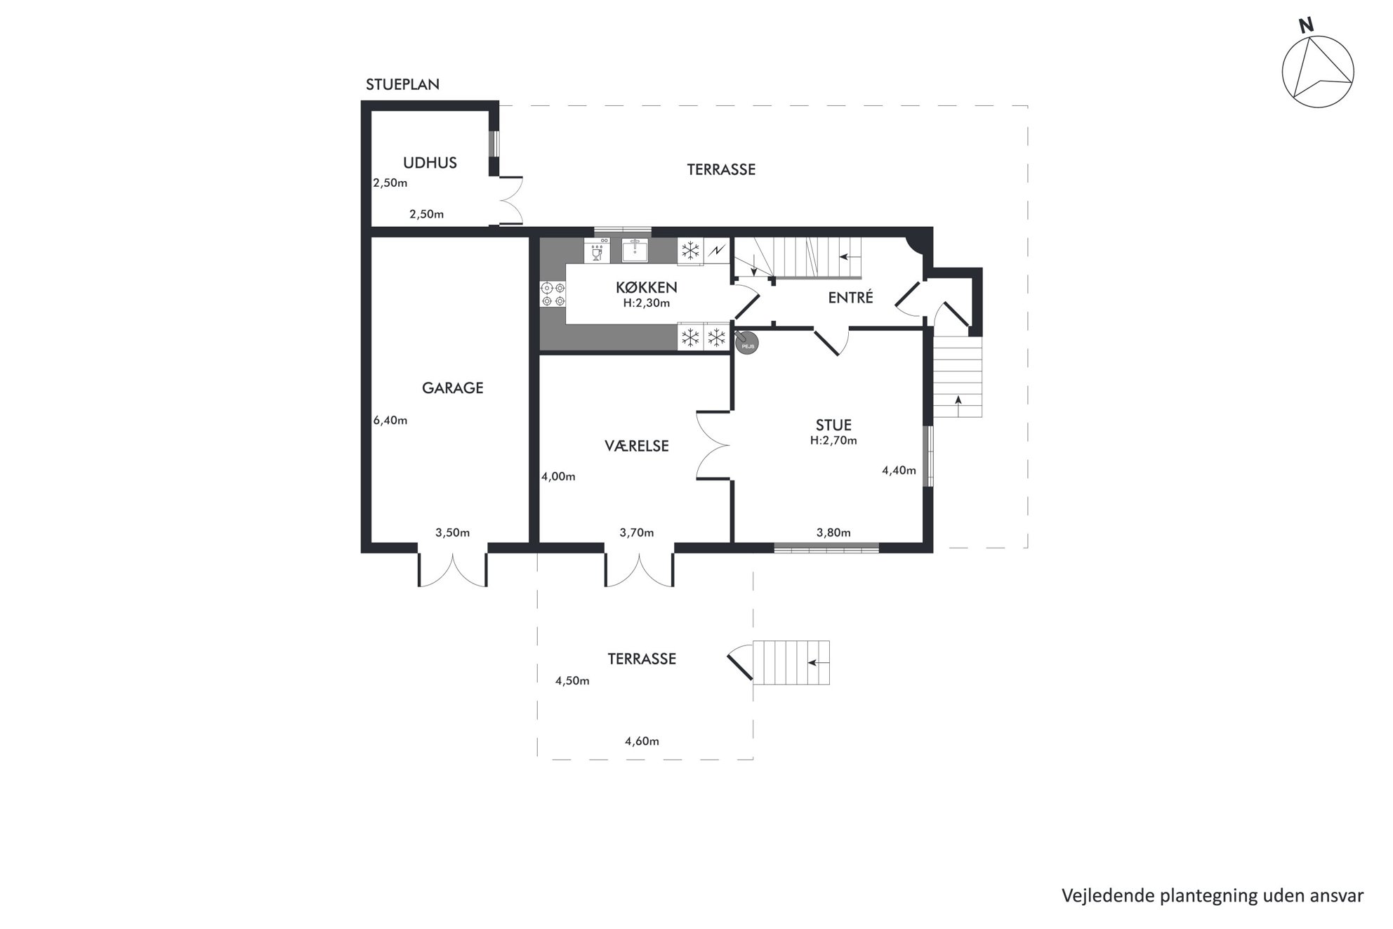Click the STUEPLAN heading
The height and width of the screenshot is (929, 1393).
point(402,84)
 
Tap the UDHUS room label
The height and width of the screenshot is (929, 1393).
point(430,163)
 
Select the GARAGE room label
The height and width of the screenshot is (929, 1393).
point(452,388)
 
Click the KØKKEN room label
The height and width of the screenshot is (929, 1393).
point(646,287)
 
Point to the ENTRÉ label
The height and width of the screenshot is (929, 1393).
point(850,297)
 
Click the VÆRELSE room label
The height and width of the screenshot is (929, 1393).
point(636,446)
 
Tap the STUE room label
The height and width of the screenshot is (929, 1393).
point(833,425)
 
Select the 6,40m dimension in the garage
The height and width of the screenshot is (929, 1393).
point(390,421)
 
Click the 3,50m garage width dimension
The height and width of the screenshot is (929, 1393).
point(452,532)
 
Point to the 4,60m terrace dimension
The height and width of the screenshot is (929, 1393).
point(642,741)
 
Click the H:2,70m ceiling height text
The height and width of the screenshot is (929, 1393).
point(833,441)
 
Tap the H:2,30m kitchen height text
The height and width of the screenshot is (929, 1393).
point(646,303)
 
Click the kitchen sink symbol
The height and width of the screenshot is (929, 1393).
point(635,250)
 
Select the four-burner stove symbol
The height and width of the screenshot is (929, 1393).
point(553,294)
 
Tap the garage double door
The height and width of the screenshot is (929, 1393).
point(453,569)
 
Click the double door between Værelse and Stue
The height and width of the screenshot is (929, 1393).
point(713,445)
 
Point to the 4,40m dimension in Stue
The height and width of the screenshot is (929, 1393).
point(899,470)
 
